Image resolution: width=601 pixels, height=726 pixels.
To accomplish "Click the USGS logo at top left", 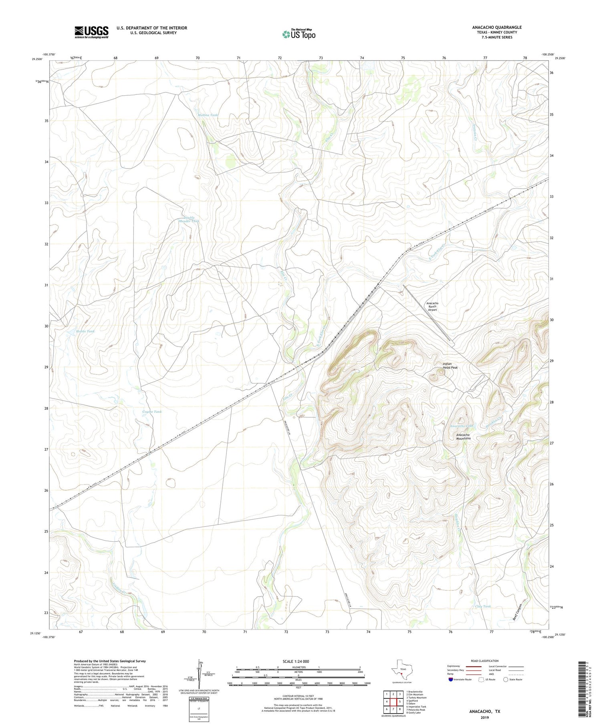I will point(91,32).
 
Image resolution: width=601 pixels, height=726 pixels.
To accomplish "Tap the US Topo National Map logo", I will point(298,34).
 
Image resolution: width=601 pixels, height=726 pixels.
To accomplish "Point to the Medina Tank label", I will point(208,115).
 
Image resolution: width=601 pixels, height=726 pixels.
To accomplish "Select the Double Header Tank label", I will point(189,219).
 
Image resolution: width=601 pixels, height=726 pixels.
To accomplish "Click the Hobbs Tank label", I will point(85,331).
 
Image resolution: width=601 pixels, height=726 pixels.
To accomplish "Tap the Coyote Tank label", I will point(152,412).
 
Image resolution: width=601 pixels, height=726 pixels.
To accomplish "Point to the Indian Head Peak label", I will point(450,366).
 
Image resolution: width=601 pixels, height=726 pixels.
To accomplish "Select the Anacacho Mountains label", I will point(463,436).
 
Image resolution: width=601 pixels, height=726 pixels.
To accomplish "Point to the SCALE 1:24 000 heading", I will point(298,661).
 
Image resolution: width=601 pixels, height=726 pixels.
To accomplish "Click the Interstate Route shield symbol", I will point(451,680).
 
